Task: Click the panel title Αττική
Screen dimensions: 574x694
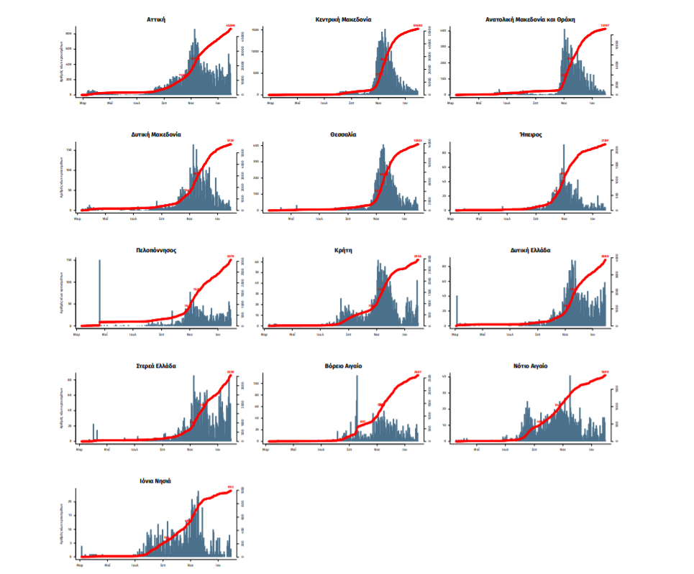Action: [x=156, y=19]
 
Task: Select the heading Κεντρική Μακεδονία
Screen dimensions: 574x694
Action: [x=343, y=19]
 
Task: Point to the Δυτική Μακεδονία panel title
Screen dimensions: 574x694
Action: [x=156, y=134]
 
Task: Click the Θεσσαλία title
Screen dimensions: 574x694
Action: [x=343, y=134]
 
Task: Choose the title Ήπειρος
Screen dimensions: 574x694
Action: [x=530, y=134]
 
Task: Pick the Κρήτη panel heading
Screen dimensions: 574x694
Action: [x=343, y=250]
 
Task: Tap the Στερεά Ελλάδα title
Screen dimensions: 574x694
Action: [x=156, y=366]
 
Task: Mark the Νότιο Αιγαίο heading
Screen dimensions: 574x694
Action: [x=530, y=366]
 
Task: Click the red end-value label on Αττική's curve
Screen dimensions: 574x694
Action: [x=230, y=26]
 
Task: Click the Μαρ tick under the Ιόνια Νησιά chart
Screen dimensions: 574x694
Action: [x=81, y=564]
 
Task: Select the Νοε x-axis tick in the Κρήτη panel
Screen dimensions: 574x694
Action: [x=378, y=333]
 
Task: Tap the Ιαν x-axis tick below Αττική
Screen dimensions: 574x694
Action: [x=218, y=103]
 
